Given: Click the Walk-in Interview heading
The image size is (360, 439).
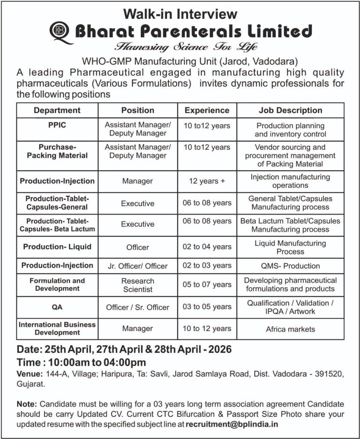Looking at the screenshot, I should [180, 14].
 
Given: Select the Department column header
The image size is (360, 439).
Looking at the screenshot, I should [57, 110].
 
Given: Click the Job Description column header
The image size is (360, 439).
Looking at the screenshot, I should [290, 110].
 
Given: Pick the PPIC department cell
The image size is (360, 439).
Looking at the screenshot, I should [57, 126].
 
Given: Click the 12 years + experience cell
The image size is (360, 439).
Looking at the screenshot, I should [207, 181].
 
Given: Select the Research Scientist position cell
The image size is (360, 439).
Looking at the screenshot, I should [138, 285].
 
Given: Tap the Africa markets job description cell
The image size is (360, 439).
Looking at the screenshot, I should [290, 329].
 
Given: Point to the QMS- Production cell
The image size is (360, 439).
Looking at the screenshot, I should [290, 266].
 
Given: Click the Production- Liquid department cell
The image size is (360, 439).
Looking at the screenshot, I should [57, 247].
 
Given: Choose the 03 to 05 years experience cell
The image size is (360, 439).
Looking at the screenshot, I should [207, 307].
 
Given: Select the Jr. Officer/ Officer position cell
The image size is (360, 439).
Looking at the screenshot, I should [138, 266].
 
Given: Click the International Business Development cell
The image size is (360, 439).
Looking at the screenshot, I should [57, 328].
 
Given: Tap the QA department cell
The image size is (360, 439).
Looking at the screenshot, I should [57, 307].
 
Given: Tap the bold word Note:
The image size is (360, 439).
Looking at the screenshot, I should [27, 404].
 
